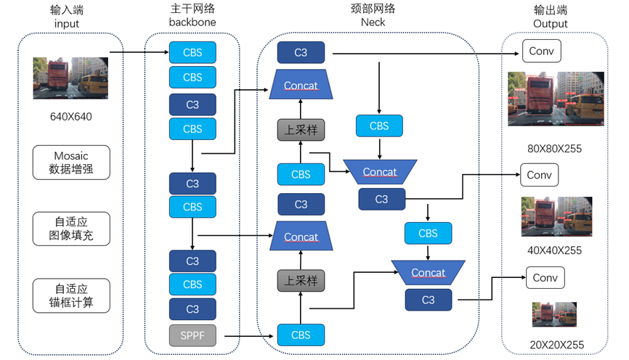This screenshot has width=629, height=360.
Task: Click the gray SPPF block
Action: (x=192, y=335)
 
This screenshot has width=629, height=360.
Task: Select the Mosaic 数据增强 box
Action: (x=71, y=163)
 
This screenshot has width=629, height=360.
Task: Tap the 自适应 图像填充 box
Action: (x=71, y=229)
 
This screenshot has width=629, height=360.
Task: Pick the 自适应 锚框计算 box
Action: (x=71, y=295)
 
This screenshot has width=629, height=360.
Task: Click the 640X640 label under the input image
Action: (x=71, y=116)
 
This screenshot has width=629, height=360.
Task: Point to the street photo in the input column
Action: (x=70, y=78)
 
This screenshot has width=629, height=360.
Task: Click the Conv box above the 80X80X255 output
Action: (x=541, y=51)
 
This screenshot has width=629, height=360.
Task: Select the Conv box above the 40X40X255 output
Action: (x=539, y=175)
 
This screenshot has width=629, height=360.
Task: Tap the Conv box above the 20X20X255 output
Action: (x=545, y=278)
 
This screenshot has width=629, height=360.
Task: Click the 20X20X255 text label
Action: (x=556, y=345)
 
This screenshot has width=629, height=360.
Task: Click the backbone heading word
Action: (x=192, y=22)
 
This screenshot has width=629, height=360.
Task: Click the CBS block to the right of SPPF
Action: (x=301, y=335)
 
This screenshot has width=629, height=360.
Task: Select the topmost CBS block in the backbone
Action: (x=192, y=52)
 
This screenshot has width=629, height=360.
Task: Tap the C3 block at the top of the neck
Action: (x=301, y=52)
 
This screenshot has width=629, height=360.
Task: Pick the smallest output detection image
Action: (x=555, y=314)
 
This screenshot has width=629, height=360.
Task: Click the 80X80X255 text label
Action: (x=555, y=149)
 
